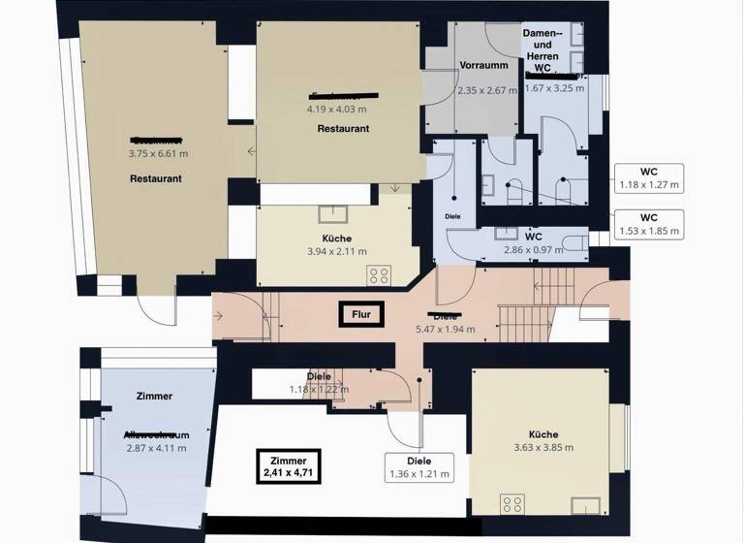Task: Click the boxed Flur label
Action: point(361,313)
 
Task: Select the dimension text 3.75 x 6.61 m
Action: point(158,153)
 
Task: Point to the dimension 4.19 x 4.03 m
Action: point(338,109)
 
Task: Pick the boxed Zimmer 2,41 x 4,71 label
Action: point(290,466)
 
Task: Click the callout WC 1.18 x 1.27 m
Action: point(649,177)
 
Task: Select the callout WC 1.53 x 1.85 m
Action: point(649,224)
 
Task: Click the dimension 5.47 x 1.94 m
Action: point(446,330)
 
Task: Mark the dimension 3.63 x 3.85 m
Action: point(543,447)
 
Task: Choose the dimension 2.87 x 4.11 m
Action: point(156,447)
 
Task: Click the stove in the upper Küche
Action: point(379,274)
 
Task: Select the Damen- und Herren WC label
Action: point(542,51)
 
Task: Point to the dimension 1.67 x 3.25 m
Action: point(555,88)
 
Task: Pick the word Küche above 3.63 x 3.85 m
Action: point(543,434)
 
